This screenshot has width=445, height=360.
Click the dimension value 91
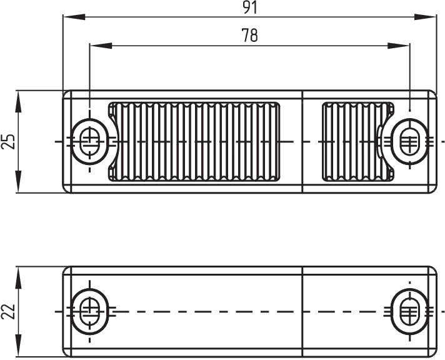[250, 7]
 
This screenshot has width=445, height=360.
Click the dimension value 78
[250, 35]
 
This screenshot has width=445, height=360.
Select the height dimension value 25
[7, 141]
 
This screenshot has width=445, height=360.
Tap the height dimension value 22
[7, 311]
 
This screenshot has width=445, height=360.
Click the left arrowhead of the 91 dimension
[74, 17]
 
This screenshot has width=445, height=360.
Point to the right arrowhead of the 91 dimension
[425, 17]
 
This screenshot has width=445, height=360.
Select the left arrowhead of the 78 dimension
[101, 46]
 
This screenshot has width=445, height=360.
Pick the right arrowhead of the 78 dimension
[399, 46]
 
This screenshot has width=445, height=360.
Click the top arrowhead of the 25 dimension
[19, 102]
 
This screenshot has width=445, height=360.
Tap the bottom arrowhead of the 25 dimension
[19, 181]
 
